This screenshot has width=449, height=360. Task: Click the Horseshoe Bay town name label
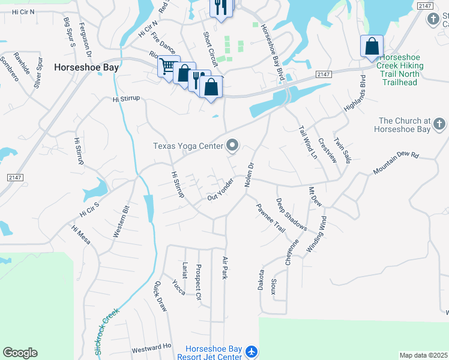[x=86, y=68]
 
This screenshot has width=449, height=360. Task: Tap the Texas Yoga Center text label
[x=187, y=146]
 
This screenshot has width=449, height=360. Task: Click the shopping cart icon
[x=169, y=65]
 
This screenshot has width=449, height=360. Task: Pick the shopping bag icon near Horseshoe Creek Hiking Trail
[x=372, y=46]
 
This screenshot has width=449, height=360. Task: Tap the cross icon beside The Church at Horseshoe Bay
[x=439, y=124]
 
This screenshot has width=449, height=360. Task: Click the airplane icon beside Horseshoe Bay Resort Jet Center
[x=252, y=352]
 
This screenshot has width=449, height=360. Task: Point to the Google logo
[x=20, y=353]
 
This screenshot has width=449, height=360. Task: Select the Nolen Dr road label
[x=250, y=175]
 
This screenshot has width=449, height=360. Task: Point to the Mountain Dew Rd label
[x=396, y=163]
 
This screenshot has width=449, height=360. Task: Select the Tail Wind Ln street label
[x=308, y=142]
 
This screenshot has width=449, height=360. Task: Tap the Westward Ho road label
[x=151, y=347]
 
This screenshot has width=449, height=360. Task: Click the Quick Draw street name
[x=160, y=296]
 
